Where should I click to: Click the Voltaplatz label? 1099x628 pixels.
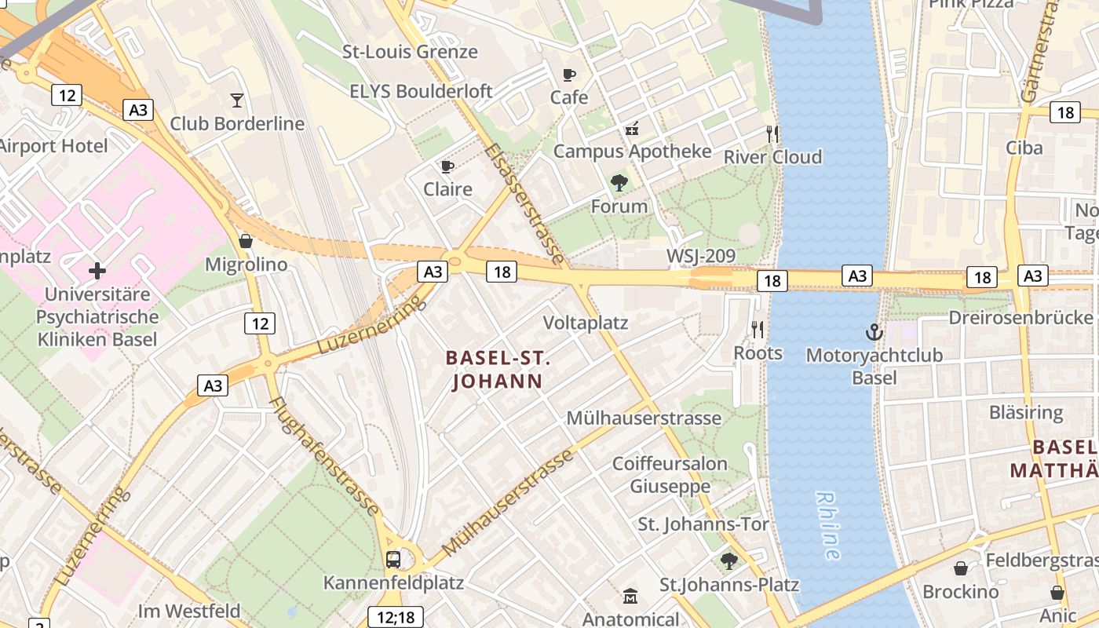(586, 323)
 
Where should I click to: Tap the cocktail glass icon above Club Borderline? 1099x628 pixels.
(237, 100)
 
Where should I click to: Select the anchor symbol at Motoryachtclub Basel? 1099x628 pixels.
(874, 332)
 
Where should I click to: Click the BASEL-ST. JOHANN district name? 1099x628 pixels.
(497, 370)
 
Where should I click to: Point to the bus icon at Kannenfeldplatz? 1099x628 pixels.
(393, 560)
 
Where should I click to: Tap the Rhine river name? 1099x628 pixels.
(827, 525)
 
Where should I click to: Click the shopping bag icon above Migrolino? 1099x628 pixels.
(246, 241)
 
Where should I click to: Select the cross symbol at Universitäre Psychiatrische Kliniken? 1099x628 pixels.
(97, 272)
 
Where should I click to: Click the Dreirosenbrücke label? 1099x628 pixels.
(1020, 317)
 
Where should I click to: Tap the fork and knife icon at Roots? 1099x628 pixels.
(758, 330)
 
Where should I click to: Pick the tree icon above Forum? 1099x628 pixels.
(619, 184)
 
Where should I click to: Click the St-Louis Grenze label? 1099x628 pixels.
(410, 52)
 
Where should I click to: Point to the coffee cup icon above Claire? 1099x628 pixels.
(447, 166)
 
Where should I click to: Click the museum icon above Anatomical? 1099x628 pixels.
(630, 597)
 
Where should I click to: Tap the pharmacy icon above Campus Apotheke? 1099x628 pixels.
(632, 129)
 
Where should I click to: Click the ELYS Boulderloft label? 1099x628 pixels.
(421, 91)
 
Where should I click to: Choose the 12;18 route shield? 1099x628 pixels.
(396, 617)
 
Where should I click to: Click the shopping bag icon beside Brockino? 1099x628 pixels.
(961, 568)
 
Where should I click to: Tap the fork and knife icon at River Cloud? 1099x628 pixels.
(772, 134)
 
